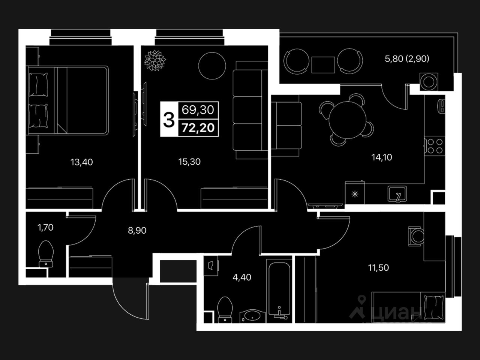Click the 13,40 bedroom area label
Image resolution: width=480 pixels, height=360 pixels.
point(81,162)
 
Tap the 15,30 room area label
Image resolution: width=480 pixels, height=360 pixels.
point(189,162)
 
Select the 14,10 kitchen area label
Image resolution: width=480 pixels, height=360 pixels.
point(382,157)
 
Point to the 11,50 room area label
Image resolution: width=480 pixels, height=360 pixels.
point(378,268)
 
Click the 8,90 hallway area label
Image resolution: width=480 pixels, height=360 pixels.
point(137,231)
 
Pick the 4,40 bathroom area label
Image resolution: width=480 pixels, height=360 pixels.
point(242,277)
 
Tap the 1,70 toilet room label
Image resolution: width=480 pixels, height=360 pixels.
point(46,228)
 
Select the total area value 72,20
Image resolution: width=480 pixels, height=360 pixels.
point(198,128)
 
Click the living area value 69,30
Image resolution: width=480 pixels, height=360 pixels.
point(198,110)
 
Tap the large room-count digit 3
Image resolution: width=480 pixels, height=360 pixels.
point(169,120)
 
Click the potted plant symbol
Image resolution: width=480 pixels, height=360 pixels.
point(155,60)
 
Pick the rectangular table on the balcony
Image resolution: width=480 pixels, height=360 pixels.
point(323,64)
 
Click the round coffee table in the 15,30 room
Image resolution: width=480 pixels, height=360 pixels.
point(211,65)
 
